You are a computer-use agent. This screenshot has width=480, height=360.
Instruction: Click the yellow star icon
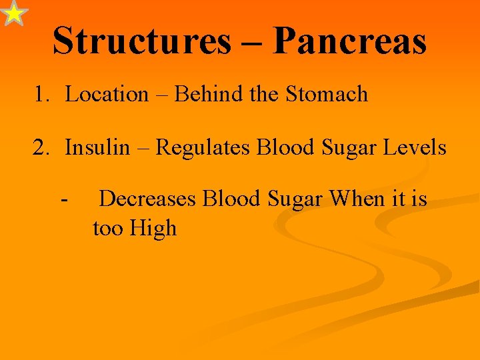[x=14, y=13]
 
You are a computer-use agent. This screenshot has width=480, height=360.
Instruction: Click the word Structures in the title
[x=141, y=41]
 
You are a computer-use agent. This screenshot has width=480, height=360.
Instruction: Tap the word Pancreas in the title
[x=349, y=41]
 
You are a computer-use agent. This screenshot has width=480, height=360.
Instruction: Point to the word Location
[x=107, y=94]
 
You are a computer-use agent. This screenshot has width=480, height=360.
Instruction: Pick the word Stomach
[x=327, y=94]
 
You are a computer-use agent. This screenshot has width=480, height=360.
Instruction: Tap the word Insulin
[x=97, y=147]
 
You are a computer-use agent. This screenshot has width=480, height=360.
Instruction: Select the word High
[x=153, y=229]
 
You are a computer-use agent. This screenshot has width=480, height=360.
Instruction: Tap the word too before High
[x=108, y=229]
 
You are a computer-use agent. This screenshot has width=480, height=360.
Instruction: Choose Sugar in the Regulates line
[x=344, y=147]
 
